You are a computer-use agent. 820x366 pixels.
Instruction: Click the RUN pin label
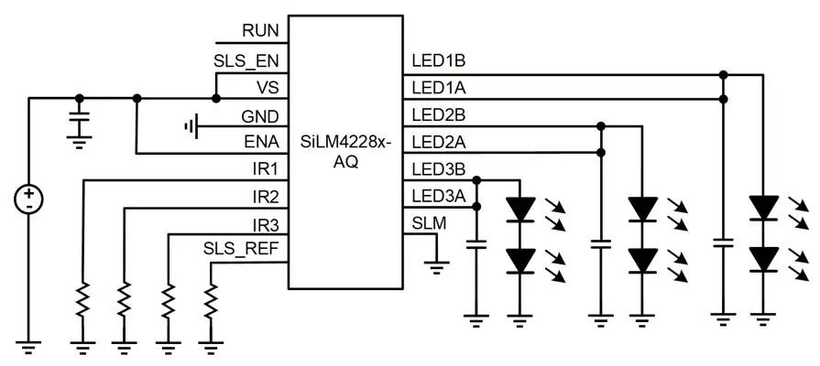point(260,31)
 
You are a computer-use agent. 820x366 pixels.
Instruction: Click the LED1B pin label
point(439,61)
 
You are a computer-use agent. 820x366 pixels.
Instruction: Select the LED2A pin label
point(439,142)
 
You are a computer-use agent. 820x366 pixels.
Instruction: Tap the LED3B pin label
point(439,169)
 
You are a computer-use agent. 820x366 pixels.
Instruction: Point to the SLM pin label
point(429,224)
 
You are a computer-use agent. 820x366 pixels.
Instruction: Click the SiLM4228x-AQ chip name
point(344,152)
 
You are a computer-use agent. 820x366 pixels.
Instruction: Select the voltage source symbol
point(30,199)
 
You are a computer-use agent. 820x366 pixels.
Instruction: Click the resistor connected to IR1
point(82,299)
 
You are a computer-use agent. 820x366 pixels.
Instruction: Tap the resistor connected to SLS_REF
point(212,299)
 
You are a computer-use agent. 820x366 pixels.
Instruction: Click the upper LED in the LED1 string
point(762,209)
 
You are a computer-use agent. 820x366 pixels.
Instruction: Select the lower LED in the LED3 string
point(521,261)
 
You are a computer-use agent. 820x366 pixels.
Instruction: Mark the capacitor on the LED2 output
point(601,245)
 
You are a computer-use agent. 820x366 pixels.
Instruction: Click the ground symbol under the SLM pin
point(437,268)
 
